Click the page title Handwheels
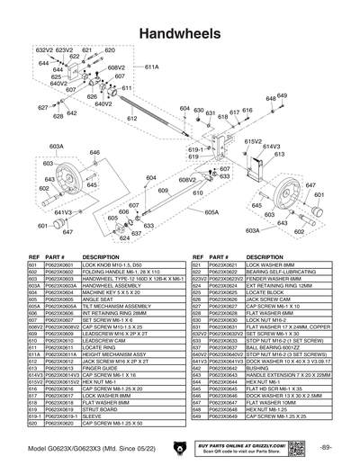(179, 31)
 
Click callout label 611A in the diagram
(152, 67)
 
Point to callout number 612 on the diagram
(131, 119)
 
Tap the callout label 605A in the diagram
(211, 212)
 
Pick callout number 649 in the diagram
(282, 95)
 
